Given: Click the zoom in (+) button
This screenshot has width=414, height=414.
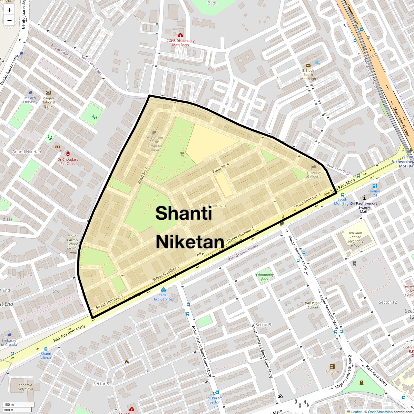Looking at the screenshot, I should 9,10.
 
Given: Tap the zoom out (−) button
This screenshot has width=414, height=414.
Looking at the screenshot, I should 9,20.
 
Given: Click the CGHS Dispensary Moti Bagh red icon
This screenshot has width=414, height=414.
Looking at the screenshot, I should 180,35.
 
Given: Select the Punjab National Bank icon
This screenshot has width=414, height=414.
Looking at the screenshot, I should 48,93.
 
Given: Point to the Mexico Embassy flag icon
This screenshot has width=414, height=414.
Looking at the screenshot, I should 30,93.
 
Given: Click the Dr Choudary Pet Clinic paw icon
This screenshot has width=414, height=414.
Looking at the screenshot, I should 68,154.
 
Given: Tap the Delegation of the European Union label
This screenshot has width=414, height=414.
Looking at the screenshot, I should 154,144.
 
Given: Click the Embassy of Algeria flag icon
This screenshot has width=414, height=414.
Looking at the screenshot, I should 314,167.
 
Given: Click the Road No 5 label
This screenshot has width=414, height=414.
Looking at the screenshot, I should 142,175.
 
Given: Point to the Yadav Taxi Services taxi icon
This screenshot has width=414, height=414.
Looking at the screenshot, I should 163,290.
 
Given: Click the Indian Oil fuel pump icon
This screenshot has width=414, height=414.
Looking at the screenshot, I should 375,186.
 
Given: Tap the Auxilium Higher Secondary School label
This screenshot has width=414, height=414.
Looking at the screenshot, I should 355,239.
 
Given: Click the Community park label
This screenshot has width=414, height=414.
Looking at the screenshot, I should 265,277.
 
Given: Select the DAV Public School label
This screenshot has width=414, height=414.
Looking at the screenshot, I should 313,305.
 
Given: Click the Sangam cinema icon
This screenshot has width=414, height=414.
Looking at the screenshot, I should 332,366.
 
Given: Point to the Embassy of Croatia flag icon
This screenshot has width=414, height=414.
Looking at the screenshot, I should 9,335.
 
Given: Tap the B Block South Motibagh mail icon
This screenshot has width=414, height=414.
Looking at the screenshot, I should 308,65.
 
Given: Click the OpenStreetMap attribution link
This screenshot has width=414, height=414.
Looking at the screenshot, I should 380,412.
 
